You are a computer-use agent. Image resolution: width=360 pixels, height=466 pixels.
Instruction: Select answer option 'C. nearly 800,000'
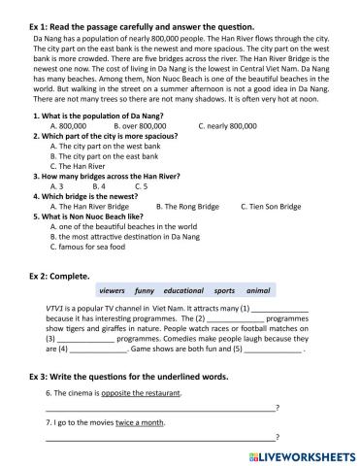pos(227,126)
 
